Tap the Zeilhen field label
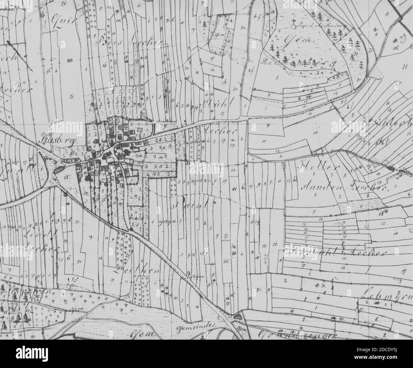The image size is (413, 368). (x=129, y=271)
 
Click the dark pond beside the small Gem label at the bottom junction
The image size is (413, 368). (x=238, y=317)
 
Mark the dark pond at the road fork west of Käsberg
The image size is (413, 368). (x=58, y=170)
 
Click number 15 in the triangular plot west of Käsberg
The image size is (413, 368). (x=67, y=177)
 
